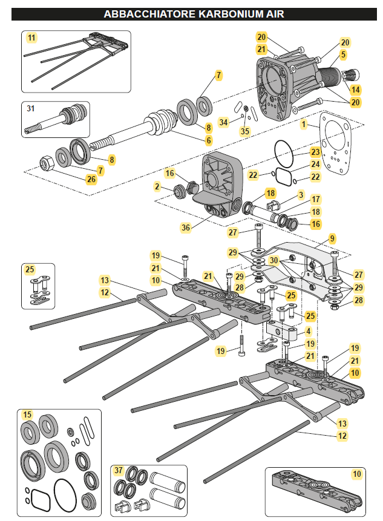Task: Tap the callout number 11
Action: pyautogui.click(x=31, y=38)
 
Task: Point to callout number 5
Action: pyautogui.click(x=343, y=54)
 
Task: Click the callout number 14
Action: pyautogui.click(x=355, y=90)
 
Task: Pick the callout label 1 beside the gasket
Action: pyautogui.click(x=304, y=123)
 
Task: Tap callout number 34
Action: pyautogui.click(x=224, y=122)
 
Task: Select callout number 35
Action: pyautogui.click(x=244, y=131)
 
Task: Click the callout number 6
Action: pyautogui.click(x=209, y=140)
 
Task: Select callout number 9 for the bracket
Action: pyautogui.click(x=332, y=238)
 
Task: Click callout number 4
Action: pyautogui.click(x=308, y=331)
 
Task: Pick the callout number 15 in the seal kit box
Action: pyautogui.click(x=27, y=415)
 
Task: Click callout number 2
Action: pyautogui.click(x=157, y=188)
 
